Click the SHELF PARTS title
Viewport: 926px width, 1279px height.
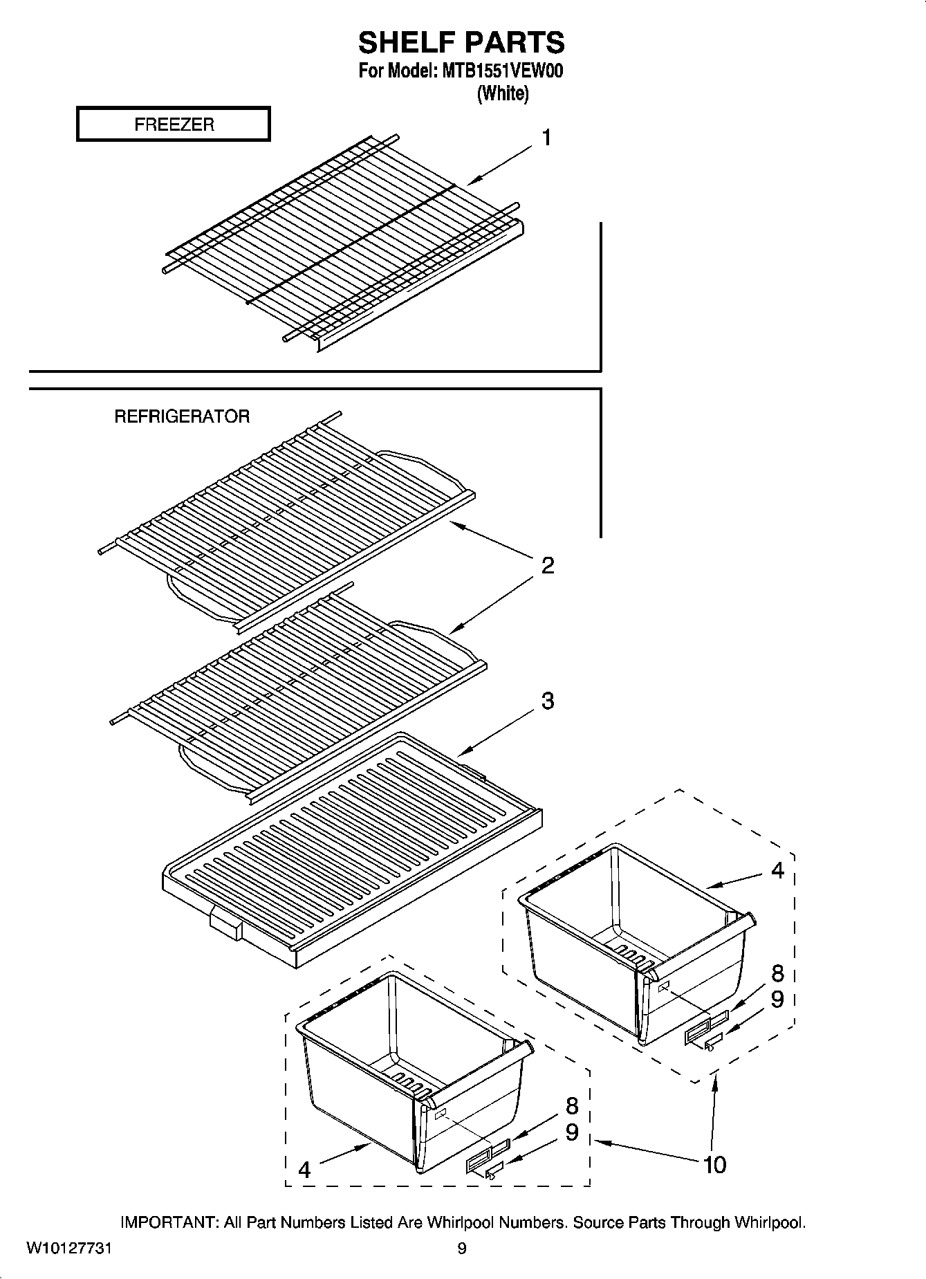(461, 43)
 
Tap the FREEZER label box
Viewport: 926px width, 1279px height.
(173, 125)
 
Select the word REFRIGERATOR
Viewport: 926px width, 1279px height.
(182, 416)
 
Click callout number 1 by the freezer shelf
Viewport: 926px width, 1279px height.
(546, 138)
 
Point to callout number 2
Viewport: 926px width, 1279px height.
(547, 567)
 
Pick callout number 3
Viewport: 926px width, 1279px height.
(547, 701)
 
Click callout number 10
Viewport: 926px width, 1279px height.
(715, 1166)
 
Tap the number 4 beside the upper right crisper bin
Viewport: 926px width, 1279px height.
(778, 871)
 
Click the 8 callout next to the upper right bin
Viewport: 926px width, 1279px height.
(778, 974)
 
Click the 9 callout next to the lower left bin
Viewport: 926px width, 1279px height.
(571, 1132)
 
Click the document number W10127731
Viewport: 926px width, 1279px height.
(69, 1249)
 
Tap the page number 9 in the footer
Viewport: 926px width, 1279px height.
(462, 1249)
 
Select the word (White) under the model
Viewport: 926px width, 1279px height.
(503, 93)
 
